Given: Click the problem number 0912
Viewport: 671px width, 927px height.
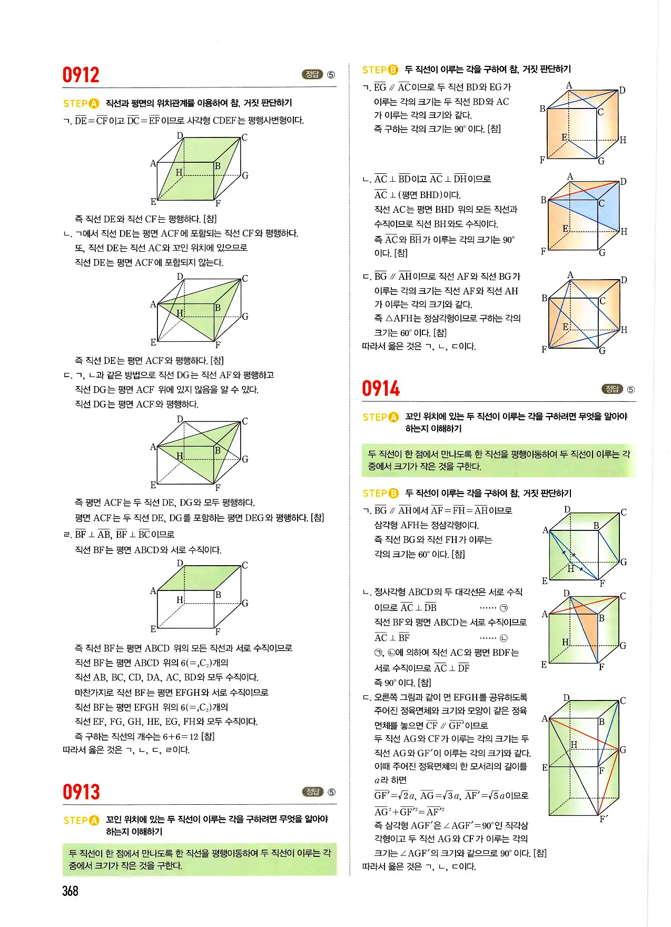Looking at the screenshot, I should [x=81, y=75].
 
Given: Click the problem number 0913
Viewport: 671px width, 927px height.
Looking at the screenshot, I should [x=81, y=792].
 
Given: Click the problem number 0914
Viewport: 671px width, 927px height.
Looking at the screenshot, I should [x=380, y=389].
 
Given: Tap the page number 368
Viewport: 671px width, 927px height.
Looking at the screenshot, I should [x=70, y=891].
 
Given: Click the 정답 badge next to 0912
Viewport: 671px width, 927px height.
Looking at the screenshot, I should [x=312, y=74].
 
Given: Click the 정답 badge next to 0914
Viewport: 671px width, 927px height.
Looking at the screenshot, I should [x=611, y=389].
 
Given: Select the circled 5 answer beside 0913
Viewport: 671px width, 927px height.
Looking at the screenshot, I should [x=331, y=792].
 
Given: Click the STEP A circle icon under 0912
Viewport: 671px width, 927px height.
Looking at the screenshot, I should [x=94, y=103].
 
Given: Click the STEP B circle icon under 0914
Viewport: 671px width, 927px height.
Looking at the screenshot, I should [x=393, y=494].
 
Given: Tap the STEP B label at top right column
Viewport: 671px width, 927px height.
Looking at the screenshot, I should [x=380, y=70].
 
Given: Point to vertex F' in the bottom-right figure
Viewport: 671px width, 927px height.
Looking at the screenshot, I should [x=604, y=818].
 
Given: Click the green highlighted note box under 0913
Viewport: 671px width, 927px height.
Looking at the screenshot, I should [x=199, y=859].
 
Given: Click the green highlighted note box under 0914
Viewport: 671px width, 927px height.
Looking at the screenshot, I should [x=498, y=460].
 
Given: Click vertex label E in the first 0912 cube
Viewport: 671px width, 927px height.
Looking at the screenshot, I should [x=153, y=201].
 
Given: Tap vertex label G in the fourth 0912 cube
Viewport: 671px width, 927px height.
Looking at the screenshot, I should [x=245, y=603].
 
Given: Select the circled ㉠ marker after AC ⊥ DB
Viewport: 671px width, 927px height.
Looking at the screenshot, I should [x=503, y=608].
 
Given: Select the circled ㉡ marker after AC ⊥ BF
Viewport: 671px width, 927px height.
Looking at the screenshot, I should [x=503, y=638].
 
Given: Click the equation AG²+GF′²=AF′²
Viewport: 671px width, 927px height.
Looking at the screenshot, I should [x=409, y=811].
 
